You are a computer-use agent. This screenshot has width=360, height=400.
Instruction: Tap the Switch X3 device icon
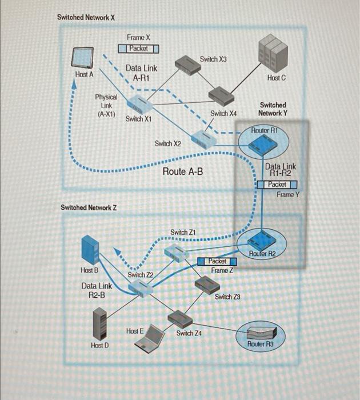click(187, 63)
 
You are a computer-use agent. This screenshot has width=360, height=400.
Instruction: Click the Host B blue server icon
click(90, 249)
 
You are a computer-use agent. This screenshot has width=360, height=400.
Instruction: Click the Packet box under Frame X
click(138, 49)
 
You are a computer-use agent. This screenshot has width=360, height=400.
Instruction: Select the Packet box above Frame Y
click(277, 185)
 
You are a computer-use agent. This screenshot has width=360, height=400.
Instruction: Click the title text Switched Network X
click(86, 17)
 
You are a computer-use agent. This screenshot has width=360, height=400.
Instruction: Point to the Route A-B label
click(183, 171)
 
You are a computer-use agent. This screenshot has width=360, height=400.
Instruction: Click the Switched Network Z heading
click(89, 207)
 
